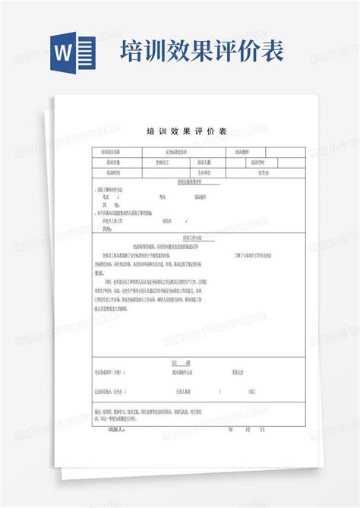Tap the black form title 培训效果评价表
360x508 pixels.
pyautogui.click(x=181, y=131)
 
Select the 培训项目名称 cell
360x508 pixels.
pyautogui.click(x=112, y=153)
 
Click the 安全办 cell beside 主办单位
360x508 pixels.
pyautogui.click(x=261, y=172)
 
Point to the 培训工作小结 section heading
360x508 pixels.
pyautogui.click(x=181, y=238)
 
